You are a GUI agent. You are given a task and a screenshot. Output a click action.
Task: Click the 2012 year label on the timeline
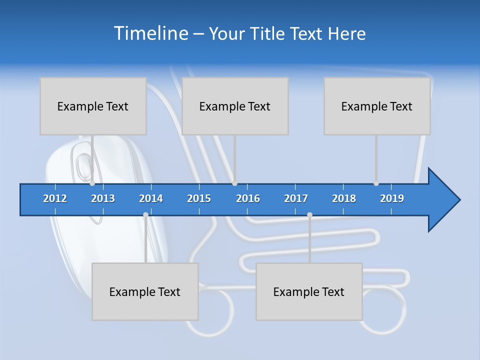click(x=55, y=198)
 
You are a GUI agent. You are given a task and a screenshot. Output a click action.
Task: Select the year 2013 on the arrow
click(x=103, y=198)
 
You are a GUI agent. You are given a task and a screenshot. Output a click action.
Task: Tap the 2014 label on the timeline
click(x=151, y=198)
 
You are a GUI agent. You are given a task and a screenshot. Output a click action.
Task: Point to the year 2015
click(x=199, y=198)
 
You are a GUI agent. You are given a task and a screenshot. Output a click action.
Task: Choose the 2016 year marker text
click(x=248, y=198)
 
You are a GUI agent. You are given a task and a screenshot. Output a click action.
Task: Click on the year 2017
click(x=296, y=198)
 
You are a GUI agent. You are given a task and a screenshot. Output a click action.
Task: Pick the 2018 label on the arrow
click(x=344, y=198)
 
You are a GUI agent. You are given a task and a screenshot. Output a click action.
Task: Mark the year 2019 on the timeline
click(x=392, y=198)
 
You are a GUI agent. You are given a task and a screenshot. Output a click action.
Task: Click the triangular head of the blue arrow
click(x=442, y=200)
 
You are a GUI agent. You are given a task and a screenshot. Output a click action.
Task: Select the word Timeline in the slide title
click(x=150, y=33)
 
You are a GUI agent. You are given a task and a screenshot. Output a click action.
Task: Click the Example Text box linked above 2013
click(x=93, y=106)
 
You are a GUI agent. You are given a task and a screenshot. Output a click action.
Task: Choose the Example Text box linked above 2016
click(x=235, y=106)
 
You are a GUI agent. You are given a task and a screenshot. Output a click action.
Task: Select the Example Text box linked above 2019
click(x=377, y=106)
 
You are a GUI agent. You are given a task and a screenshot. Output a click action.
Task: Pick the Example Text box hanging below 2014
click(x=145, y=291)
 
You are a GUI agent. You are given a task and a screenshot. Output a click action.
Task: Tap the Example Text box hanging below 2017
click(x=309, y=291)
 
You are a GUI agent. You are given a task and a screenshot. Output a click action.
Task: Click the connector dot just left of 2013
click(x=92, y=183)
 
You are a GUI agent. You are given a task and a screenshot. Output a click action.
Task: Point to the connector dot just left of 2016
click(x=234, y=183)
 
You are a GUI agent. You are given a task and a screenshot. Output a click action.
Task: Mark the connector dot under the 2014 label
click(x=145, y=214)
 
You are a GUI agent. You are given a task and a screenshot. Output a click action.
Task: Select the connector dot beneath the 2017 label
click(x=309, y=214)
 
